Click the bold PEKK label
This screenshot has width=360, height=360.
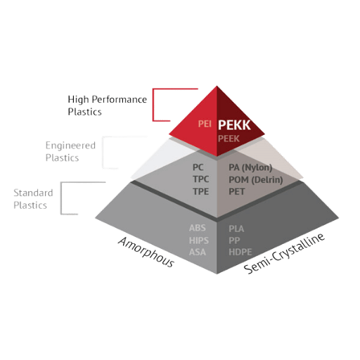tap(234, 125)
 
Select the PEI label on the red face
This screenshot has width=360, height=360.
tap(205, 124)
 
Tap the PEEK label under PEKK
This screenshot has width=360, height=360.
tap(229, 139)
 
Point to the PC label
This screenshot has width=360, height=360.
tap(198, 167)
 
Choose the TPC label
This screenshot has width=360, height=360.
tap(201, 179)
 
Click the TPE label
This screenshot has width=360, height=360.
tap(200, 191)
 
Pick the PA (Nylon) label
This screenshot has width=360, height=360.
tap(250, 167)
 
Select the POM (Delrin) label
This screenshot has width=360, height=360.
tap(256, 180)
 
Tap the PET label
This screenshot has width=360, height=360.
tap(236, 192)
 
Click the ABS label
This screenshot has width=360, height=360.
tap(198, 228)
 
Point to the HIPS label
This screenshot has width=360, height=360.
tap(199, 240)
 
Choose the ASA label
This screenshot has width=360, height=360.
tap(198, 252)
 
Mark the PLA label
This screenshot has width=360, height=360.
tap(236, 229)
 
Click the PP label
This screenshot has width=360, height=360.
tap(234, 240)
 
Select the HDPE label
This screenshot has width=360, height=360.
tap(240, 252)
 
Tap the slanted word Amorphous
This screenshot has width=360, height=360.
tap(146, 252)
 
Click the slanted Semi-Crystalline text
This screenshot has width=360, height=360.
tap(284, 253)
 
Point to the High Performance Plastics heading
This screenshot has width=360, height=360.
tap(108, 105)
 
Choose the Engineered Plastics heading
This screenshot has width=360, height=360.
tap(70, 151)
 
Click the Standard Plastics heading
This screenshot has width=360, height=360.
tap(33, 199)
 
